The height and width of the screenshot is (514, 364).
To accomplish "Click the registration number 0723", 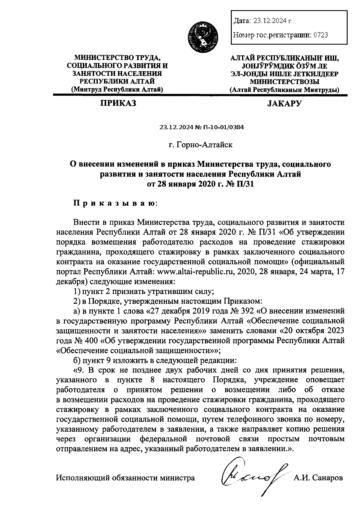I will click(x=321, y=35).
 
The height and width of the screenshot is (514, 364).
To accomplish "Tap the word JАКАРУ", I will click(x=285, y=104).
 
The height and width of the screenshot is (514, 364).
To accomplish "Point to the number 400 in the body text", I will click(x=90, y=340).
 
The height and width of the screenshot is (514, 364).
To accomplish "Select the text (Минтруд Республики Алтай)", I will click(x=117, y=90).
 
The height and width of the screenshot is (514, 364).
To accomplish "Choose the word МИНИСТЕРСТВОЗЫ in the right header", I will click(x=285, y=82).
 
